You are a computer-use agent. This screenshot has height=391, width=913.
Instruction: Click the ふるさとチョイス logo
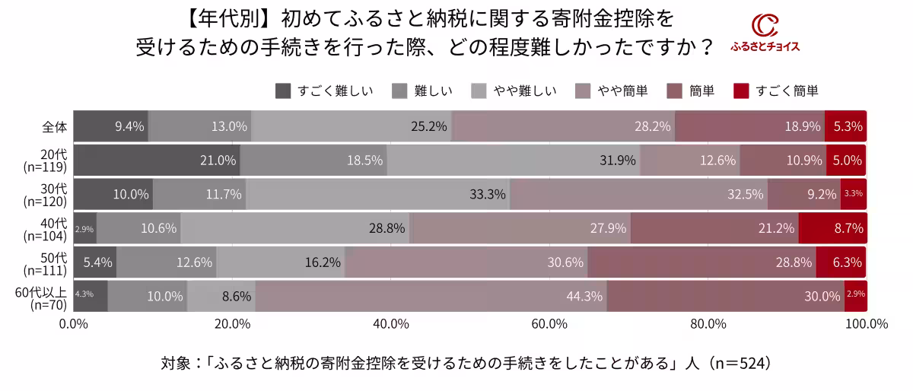click(765, 34)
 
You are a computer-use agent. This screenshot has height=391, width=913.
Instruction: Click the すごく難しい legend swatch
click(283, 91)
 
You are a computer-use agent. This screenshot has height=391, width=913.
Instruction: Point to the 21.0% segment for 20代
click(157, 160)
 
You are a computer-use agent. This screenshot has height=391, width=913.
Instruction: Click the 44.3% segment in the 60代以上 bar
click(431, 296)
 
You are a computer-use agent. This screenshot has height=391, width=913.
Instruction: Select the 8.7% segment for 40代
click(833, 227)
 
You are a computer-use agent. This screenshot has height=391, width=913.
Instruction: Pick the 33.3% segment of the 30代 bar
click(377, 194)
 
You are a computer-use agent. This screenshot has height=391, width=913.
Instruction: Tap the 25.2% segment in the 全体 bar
click(351, 126)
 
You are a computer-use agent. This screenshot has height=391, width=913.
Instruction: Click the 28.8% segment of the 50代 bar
click(701, 262)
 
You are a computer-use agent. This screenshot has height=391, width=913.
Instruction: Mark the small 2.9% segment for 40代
click(85, 227)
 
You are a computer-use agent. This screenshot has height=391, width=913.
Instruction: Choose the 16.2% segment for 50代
click(281, 262)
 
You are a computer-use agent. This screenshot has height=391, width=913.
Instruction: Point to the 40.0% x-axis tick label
click(391, 325)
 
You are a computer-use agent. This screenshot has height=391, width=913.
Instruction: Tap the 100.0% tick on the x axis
click(866, 325)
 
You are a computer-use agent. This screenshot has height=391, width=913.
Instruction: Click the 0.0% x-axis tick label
click(74, 325)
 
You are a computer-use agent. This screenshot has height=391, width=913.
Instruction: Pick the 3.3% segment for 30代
click(854, 194)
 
